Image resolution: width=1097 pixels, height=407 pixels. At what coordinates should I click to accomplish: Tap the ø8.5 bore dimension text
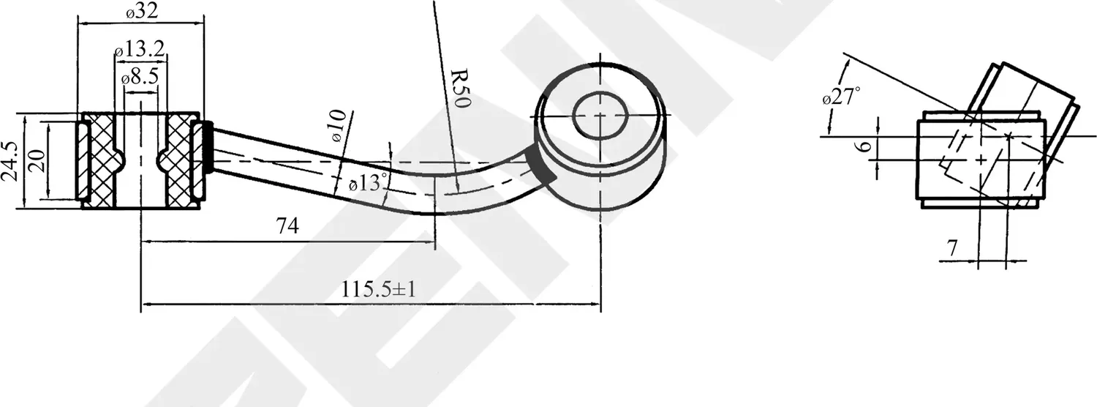coord(140,76)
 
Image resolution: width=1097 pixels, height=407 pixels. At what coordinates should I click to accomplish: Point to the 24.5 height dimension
coord(8,162)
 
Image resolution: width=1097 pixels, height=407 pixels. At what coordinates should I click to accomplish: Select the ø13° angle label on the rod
coord(366,183)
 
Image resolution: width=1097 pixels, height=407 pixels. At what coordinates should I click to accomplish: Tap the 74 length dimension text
coord(287,226)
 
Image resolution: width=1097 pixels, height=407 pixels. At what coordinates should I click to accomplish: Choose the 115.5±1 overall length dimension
coord(378,289)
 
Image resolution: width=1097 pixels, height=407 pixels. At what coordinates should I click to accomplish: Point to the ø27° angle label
coord(841,95)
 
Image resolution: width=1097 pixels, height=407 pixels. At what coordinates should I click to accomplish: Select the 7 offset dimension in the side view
coord(951,249)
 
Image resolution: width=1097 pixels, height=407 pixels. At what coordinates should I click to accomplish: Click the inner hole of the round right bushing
coord(600,114)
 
